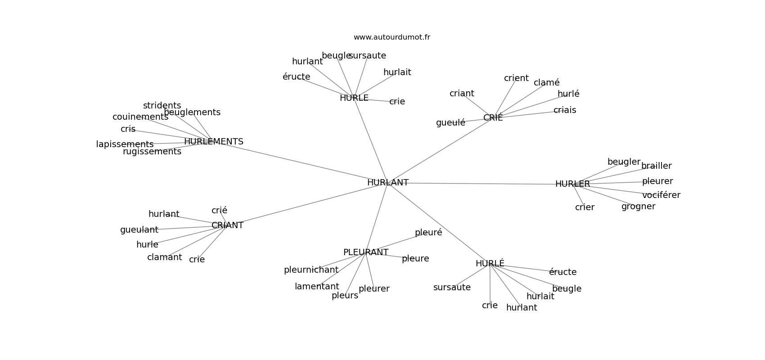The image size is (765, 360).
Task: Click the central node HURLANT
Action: pyautogui.click(x=387, y=183)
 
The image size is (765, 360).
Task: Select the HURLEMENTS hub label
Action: pyautogui.click(x=213, y=142)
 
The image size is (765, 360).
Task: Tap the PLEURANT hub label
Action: pyautogui.click(x=365, y=252)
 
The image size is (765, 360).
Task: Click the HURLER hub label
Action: pyautogui.click(x=572, y=184)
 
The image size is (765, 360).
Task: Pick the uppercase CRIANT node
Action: pyautogui.click(x=227, y=225)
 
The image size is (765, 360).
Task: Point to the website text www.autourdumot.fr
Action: pyautogui.click(x=391, y=37)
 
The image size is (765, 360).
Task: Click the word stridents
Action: pyautogui.click(x=162, y=106)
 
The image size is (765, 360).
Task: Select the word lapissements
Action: pyautogui.click(x=125, y=144)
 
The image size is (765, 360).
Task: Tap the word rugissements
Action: pyautogui.click(x=152, y=152)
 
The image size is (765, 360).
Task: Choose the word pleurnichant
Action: pyautogui.click(x=311, y=270)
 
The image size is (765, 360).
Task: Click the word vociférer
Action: pyautogui.click(x=661, y=195)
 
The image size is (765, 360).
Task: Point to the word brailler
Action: pyautogui.click(x=656, y=166)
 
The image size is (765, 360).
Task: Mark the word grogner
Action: pyautogui.click(x=638, y=207)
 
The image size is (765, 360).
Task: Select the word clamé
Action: pyautogui.click(x=546, y=83)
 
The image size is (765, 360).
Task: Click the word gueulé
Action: pyautogui.click(x=450, y=123)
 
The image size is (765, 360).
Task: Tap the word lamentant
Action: pyautogui.click(x=317, y=287)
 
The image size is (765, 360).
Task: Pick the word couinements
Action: pyautogui.click(x=140, y=117)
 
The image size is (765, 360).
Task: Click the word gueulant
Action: pyautogui.click(x=139, y=230)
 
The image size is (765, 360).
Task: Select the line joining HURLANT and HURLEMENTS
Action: pyautogui.click(x=301, y=162)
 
